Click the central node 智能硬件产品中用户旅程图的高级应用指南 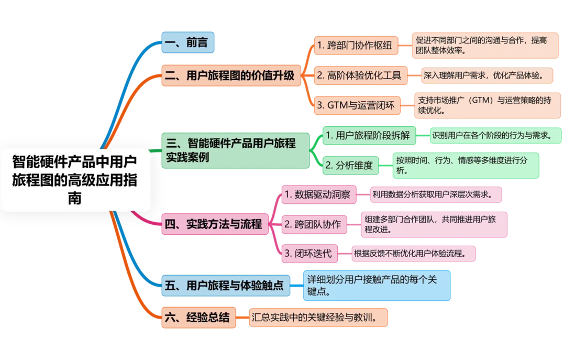tap(75, 180)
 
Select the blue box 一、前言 tap(188, 42)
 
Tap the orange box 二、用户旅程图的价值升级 tap(231, 75)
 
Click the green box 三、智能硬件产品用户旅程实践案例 tap(236, 150)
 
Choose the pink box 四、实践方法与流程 tap(215, 224)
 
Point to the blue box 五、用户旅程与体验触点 tap(226, 286)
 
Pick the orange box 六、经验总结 tap(198, 318)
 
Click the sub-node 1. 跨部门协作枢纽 tap(356, 46)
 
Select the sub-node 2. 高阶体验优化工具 tap(361, 75)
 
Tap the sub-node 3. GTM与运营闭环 tap(357, 106)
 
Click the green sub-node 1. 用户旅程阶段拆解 tap(369, 135)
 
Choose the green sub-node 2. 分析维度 tap(350, 166)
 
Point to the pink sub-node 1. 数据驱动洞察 tap(319, 194)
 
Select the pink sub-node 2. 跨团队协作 tap(314, 225)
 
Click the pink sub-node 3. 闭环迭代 tap(309, 254)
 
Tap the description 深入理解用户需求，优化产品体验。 tap(487, 75)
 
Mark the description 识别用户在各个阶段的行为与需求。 tap(495, 135)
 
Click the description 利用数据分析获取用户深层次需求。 tap(436, 194)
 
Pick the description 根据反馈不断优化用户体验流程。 tap(414, 254)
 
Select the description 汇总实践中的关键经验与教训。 tap(318, 318)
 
